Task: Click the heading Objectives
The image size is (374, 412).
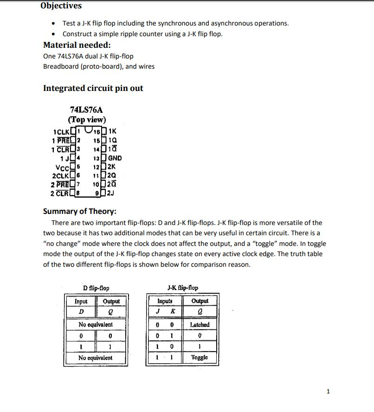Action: [x=61, y=6]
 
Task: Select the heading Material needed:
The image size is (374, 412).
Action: [x=77, y=45]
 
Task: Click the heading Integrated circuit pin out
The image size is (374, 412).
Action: [x=93, y=88]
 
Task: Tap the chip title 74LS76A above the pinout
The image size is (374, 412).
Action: [x=86, y=110]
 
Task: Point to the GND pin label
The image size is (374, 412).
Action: [x=115, y=158]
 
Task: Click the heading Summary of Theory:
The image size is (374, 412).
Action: [x=79, y=211]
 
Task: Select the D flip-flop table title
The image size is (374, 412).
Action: [x=96, y=288]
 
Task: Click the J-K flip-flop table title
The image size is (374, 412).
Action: [x=182, y=288]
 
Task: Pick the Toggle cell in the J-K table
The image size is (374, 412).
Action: [x=200, y=357]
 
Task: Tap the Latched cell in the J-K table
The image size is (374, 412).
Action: [x=200, y=324]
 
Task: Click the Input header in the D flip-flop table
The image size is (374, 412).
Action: [x=81, y=301]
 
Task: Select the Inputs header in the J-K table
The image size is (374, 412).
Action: [x=165, y=301]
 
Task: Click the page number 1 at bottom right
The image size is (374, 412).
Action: [x=329, y=392]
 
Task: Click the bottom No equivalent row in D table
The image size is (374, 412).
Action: [x=96, y=358]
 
